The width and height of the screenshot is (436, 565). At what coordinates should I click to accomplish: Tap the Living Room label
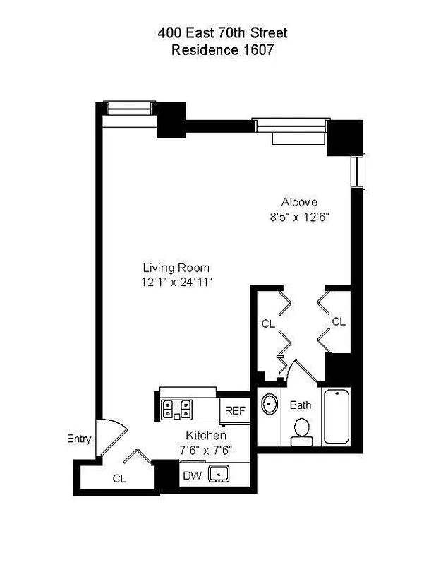tap(176, 268)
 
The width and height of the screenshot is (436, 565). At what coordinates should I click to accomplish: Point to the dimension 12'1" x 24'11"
tap(176, 282)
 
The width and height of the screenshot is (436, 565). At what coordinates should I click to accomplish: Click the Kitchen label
tap(206, 436)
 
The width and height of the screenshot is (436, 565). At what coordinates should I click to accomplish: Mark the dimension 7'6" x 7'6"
tap(206, 449)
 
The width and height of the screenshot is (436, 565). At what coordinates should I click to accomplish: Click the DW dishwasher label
tap(192, 475)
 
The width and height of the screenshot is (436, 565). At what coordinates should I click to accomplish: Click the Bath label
tap(300, 405)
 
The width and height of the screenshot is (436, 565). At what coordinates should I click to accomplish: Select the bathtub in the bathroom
tap(337, 416)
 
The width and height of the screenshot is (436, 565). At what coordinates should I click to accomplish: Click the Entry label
tap(79, 439)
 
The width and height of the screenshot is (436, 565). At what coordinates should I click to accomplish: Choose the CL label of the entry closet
tap(119, 478)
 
